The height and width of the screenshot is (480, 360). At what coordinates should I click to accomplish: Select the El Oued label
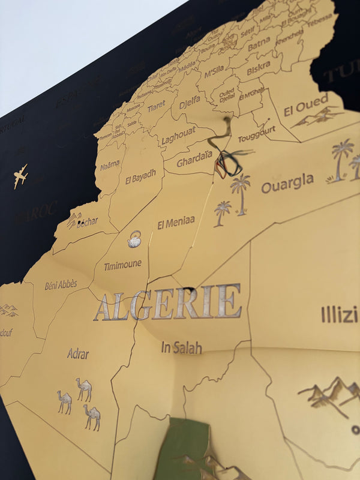coord(306,104)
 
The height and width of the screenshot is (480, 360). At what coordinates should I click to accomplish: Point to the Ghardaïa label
coord(194,159)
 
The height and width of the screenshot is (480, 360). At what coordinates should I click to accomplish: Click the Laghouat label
coord(178,137)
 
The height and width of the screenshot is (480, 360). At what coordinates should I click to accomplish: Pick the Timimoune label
coord(122,265)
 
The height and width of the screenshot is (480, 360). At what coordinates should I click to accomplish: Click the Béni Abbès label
coord(61,284)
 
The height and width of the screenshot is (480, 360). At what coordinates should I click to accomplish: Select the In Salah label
coord(181,347)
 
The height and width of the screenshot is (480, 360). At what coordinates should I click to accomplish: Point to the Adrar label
coord(78,353)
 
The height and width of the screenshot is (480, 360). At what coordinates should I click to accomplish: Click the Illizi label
coord(339,314)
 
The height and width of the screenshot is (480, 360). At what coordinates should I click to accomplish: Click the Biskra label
coord(258,70)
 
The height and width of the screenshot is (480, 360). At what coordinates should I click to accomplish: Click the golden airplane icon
coord(20,176)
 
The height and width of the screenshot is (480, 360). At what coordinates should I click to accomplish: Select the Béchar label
coord(86,222)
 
